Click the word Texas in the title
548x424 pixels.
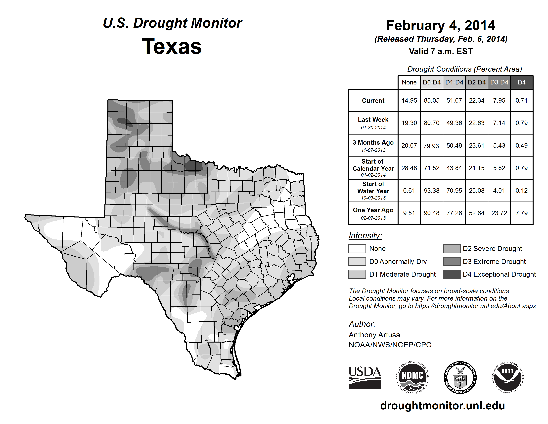172,46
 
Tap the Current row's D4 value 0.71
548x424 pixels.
521,100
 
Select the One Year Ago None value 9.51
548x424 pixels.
409,213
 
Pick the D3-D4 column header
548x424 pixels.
499,82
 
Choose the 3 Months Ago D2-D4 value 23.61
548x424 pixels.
476,145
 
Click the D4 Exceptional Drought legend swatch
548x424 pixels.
452,274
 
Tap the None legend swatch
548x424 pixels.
357,248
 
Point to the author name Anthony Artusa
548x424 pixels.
374,335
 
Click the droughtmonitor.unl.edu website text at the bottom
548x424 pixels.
442,406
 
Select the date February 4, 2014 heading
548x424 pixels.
441,25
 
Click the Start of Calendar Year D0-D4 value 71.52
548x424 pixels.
432,168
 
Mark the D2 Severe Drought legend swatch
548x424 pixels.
452,248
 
